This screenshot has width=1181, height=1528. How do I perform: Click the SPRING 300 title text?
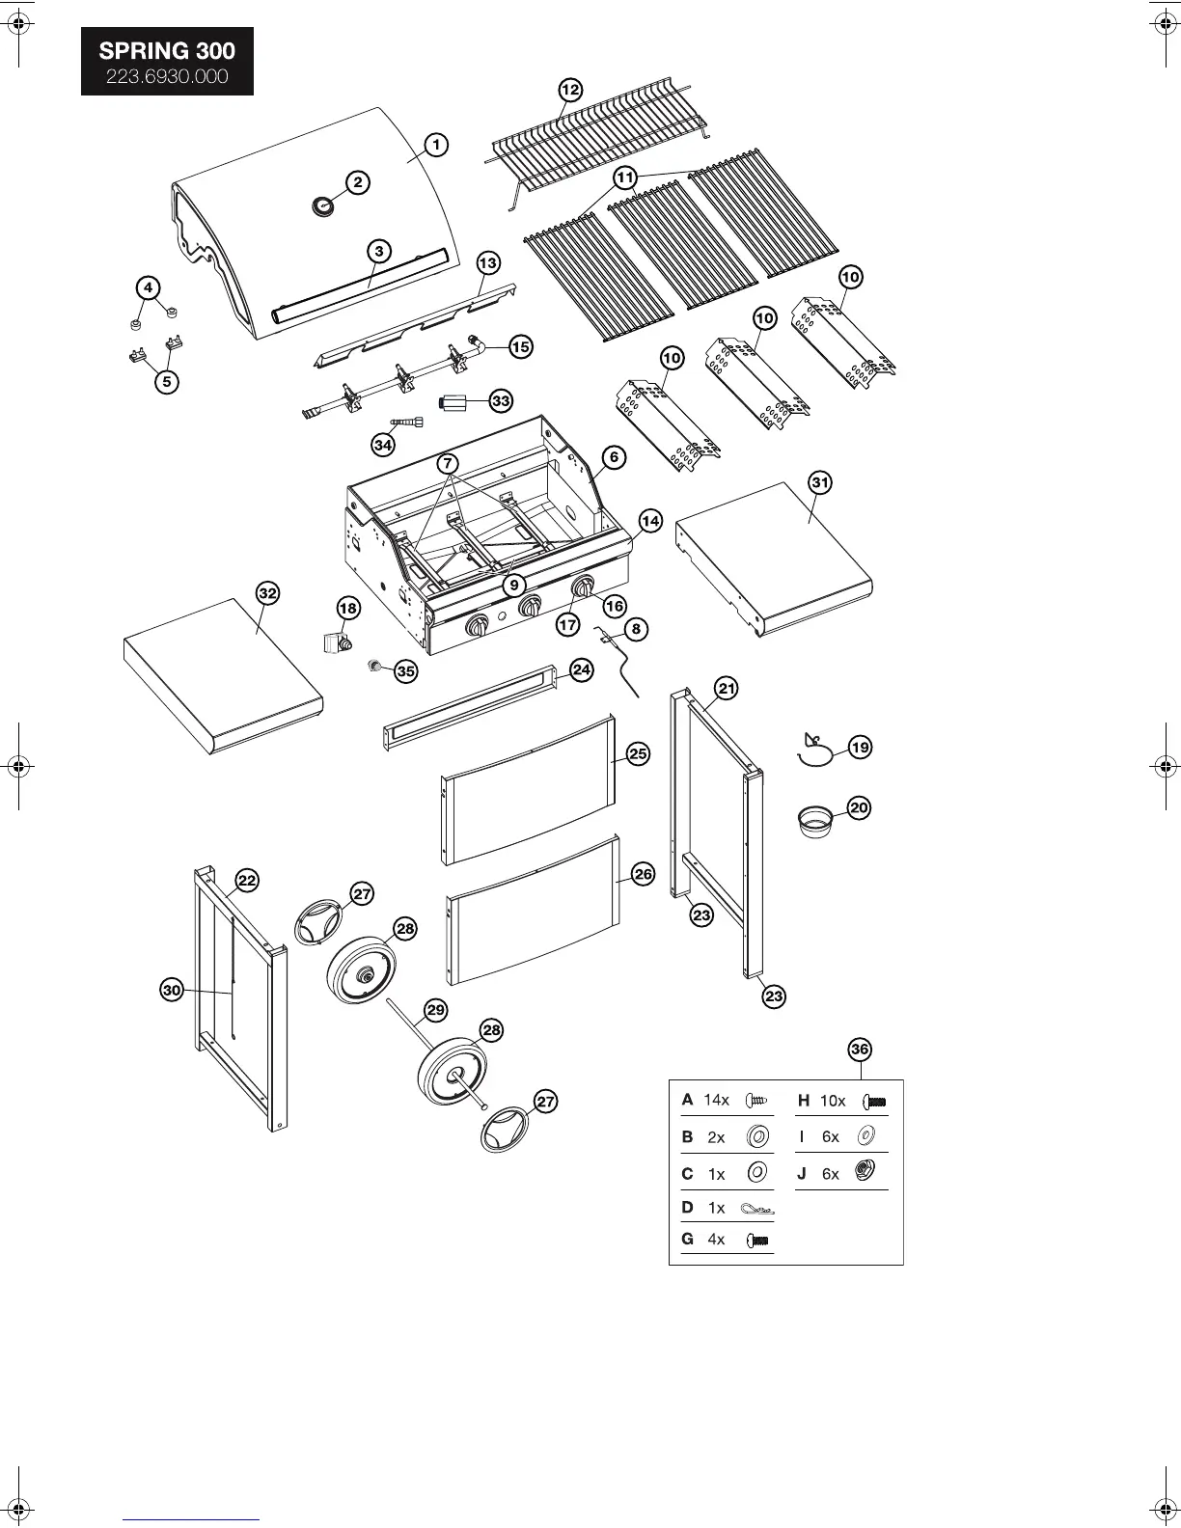[x=167, y=51]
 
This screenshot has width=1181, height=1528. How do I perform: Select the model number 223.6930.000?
[x=167, y=76]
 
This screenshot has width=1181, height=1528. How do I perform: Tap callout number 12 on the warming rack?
[x=570, y=90]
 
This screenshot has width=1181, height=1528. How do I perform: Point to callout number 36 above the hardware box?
[x=860, y=1049]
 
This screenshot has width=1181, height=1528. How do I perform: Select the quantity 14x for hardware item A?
[x=716, y=1100]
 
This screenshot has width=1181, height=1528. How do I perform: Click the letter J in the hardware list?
[x=802, y=1174]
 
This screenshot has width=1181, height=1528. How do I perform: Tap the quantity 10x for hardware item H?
[x=833, y=1101]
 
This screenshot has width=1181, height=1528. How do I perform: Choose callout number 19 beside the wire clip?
[x=860, y=747]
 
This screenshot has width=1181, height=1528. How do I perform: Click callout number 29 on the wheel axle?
[x=436, y=1010]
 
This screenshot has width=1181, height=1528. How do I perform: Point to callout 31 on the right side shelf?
[x=819, y=482]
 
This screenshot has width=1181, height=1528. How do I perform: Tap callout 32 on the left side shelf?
[x=267, y=593]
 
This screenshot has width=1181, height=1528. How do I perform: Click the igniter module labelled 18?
[x=336, y=641]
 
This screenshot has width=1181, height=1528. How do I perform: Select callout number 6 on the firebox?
[x=614, y=457]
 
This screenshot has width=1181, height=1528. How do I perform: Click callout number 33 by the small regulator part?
[x=501, y=400]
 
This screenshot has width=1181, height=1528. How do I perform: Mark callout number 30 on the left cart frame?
[x=172, y=990]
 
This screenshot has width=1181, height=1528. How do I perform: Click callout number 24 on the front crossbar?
[x=581, y=670]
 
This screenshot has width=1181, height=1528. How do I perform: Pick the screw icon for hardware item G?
[x=758, y=1241]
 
